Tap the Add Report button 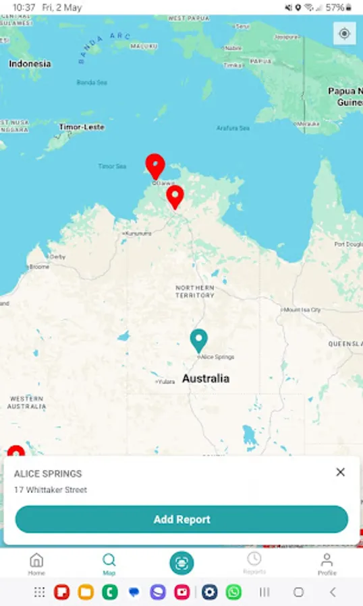181,519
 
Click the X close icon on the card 341,472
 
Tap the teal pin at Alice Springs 198,340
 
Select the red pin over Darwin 155,166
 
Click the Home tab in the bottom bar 36,564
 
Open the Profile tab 327,564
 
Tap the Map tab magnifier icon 109,561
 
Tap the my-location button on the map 344,34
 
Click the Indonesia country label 30,64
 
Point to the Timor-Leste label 81,127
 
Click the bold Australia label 206,378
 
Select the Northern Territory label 195,292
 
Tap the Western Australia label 27,403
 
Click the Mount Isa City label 302,310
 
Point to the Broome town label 39,267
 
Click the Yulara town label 165,382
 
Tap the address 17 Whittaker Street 51,490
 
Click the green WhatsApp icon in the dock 233,592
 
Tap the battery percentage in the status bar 335,7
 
